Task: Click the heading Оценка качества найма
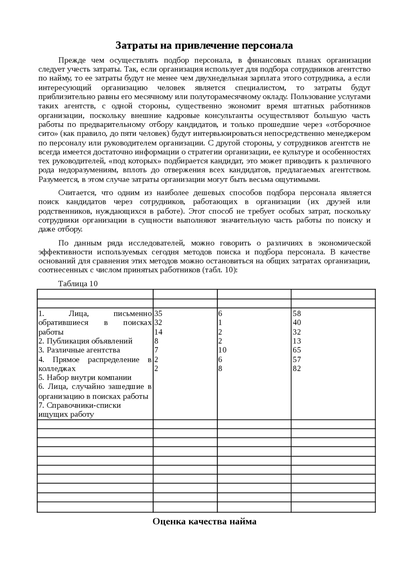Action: [x=204, y=521]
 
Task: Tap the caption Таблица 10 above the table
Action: [x=78, y=284]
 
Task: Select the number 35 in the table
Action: [x=158, y=313]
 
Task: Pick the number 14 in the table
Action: [x=158, y=332]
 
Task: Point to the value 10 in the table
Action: [x=222, y=350]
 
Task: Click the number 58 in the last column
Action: [x=297, y=313]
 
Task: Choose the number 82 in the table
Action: [x=297, y=368]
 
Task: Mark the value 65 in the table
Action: [x=297, y=350]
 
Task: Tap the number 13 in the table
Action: [x=297, y=341]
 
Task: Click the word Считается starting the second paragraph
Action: [x=77, y=193]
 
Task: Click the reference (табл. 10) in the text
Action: [x=220, y=270]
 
